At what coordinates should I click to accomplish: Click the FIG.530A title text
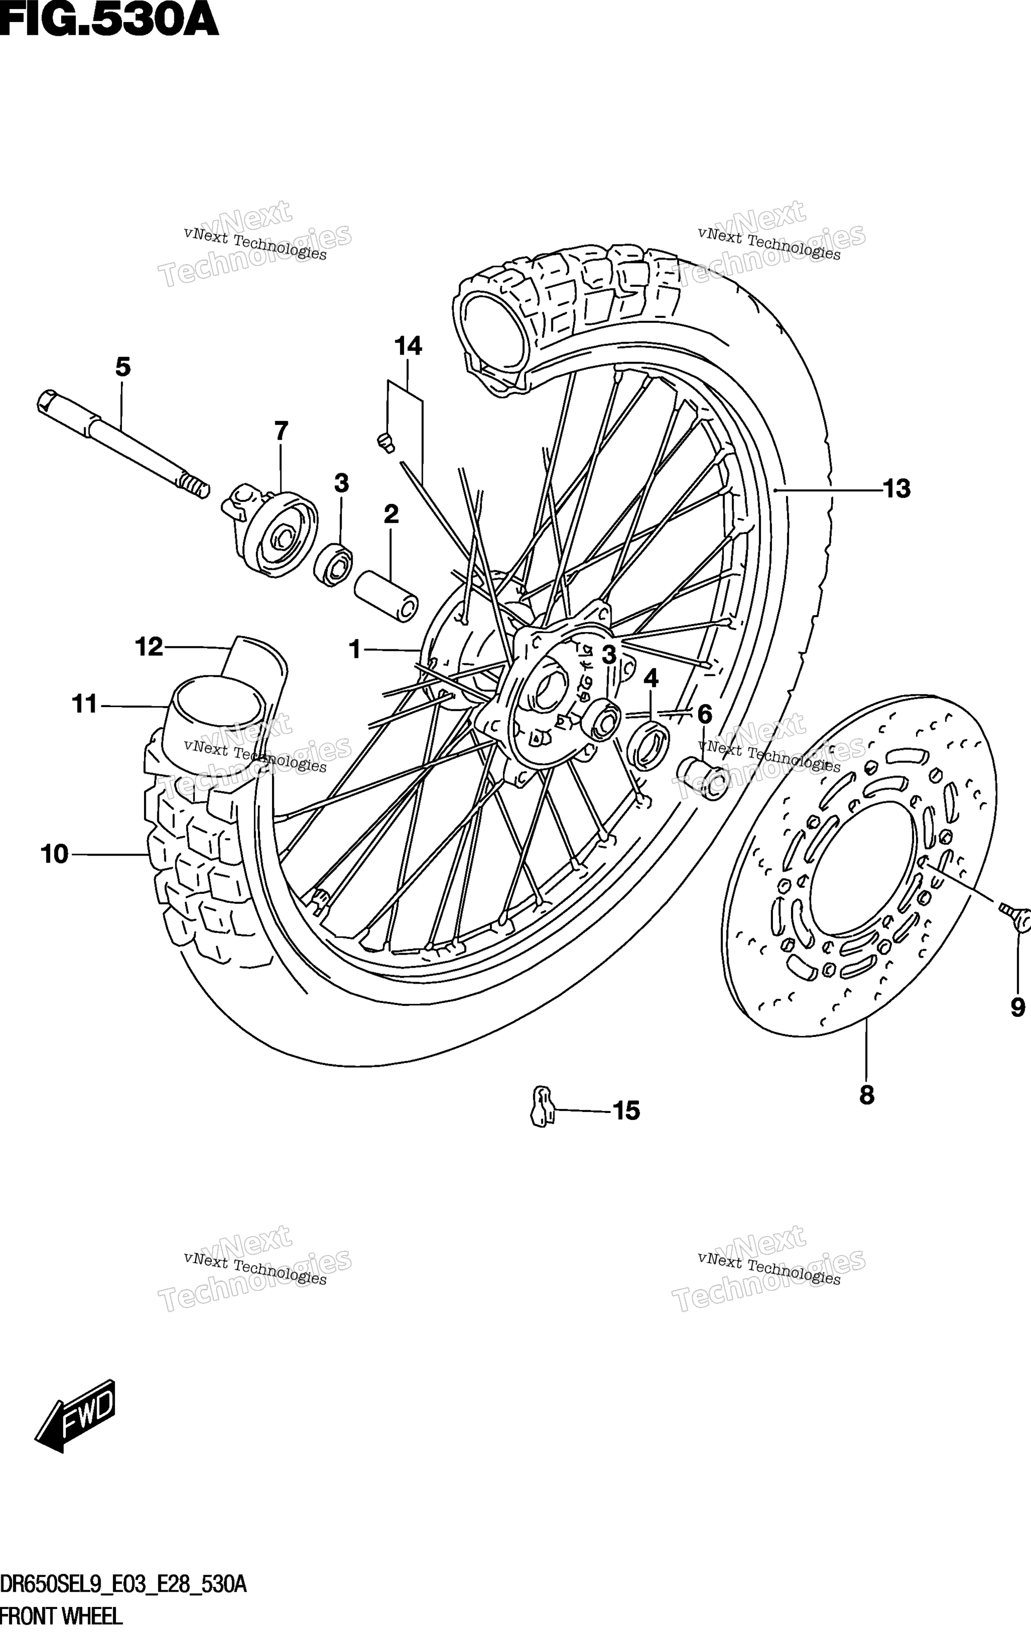110,20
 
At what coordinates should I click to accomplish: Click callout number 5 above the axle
123,368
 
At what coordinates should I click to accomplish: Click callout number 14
408,346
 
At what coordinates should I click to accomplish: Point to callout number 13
898,489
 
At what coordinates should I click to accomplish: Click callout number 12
149,647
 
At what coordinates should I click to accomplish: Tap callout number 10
55,855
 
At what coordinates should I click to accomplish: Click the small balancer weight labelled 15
541,1106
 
